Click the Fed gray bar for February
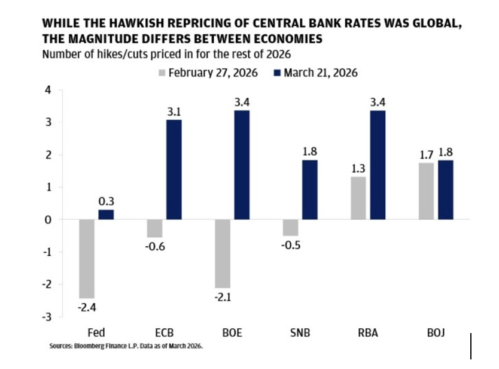87,258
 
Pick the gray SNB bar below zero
291,228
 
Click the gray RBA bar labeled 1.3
358,198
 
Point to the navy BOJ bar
445,190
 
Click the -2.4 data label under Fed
87,308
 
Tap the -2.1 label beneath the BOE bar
223,299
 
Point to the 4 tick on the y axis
49,90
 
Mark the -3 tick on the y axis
47,316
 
